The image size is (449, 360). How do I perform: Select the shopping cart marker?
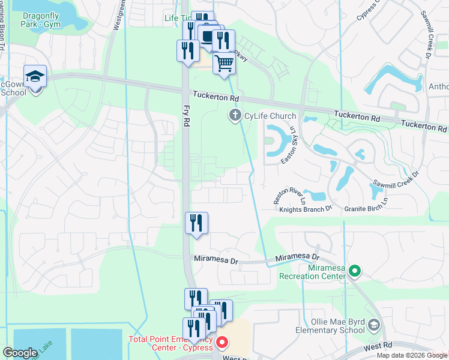(x=224, y=63)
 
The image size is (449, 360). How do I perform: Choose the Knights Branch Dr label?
(x=306, y=209)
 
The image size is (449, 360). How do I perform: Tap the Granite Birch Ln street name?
(x=366, y=209)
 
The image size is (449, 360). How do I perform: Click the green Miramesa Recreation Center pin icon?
(x=354, y=271)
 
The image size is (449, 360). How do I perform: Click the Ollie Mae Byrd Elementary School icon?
(x=374, y=325)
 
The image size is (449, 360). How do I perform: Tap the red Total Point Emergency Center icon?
(x=221, y=343)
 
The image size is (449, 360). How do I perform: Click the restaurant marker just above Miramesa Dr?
(x=196, y=223)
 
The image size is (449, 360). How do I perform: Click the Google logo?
(x=20, y=353)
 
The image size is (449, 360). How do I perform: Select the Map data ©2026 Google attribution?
(x=412, y=355)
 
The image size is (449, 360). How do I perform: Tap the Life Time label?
(x=177, y=18)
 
